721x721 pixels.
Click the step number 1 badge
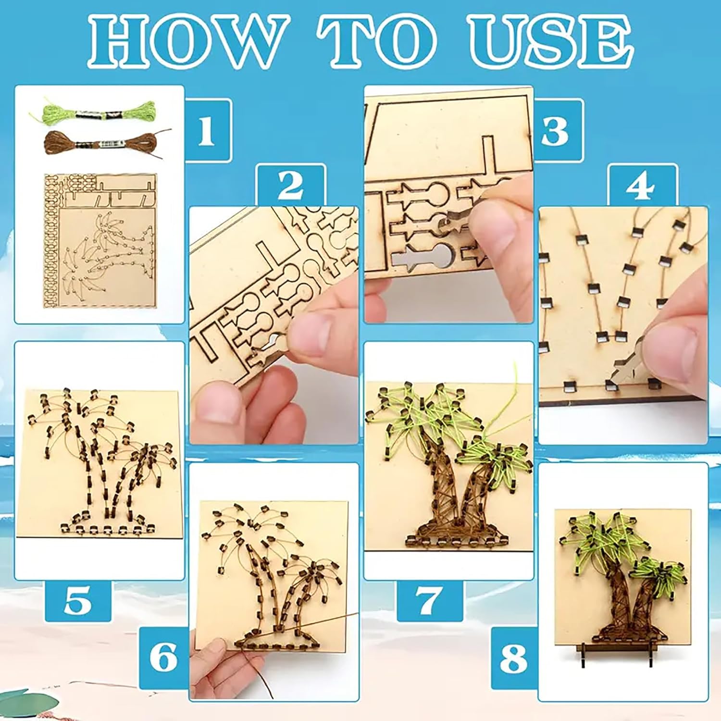(x=207, y=131)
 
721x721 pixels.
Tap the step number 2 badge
(x=291, y=185)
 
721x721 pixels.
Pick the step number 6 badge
(x=163, y=657)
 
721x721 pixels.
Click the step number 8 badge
(x=513, y=657)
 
